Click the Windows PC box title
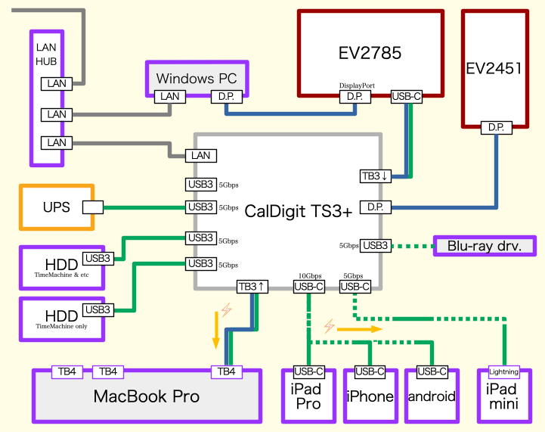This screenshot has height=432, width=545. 197,78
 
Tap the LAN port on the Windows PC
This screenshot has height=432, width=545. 170,97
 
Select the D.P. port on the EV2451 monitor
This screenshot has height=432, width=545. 496,128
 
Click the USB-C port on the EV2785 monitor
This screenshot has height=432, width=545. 407,97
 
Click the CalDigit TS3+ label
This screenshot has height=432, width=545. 299,212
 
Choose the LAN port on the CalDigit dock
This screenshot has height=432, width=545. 201,156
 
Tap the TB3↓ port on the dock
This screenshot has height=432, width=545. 375,176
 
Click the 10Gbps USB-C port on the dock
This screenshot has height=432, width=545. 308,287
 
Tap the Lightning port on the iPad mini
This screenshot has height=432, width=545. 504,371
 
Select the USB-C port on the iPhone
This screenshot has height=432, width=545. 370,371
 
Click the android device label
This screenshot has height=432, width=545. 432,396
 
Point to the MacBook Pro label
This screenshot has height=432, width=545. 147,396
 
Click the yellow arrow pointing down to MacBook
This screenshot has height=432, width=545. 216,333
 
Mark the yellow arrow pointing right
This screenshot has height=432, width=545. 360,329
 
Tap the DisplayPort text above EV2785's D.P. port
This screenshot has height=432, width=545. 357,86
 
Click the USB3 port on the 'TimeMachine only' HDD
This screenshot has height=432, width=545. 98,309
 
